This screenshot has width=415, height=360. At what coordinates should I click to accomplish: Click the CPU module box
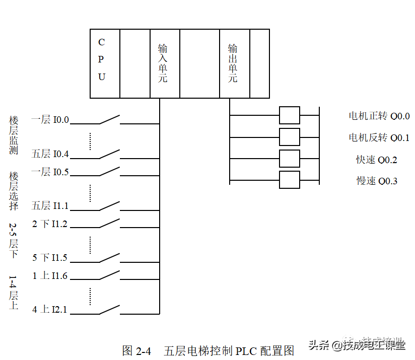(x=105, y=63)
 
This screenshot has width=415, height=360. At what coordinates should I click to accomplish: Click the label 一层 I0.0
(x=50, y=120)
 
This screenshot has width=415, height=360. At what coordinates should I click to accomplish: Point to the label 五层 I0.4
(x=50, y=154)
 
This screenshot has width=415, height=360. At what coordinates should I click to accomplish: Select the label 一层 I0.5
(x=50, y=172)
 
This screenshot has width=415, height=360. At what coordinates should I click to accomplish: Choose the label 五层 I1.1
(x=50, y=206)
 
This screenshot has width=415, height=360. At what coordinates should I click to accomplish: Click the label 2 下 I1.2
(x=50, y=224)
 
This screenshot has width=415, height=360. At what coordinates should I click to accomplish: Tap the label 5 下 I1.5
(x=50, y=258)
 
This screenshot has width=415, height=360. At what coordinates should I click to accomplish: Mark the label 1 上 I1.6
(x=50, y=275)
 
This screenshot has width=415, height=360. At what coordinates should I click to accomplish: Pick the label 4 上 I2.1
(x=50, y=310)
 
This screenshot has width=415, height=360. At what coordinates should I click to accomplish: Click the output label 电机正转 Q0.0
(x=379, y=116)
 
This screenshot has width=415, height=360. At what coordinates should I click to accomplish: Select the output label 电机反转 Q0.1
(x=379, y=137)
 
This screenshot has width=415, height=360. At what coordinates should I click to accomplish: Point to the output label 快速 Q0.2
(x=377, y=160)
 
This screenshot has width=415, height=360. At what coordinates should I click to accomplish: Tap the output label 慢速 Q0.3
(x=377, y=181)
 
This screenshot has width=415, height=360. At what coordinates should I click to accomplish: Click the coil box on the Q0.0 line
(x=290, y=115)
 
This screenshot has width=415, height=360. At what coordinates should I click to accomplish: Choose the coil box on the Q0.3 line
(x=290, y=179)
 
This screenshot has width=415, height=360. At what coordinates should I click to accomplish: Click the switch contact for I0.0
(x=109, y=120)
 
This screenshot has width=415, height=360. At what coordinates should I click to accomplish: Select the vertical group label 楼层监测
(x=14, y=135)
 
